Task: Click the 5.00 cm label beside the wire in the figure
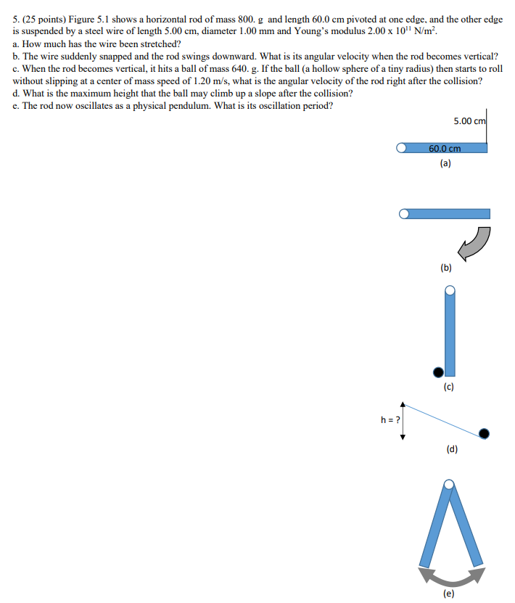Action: click(469, 120)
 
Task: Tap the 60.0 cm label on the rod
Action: click(445, 148)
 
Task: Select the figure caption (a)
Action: click(445, 163)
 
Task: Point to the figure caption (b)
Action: click(445, 268)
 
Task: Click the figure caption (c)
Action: click(448, 387)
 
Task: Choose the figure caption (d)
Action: click(452, 448)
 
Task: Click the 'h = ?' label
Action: click(391, 419)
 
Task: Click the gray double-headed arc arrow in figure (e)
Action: click(451, 575)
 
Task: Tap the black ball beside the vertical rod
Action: click(438, 372)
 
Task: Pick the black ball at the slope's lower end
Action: click(484, 433)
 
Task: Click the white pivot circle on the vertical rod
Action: click(450, 290)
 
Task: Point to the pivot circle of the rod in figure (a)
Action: click(401, 148)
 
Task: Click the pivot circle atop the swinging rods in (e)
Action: click(450, 485)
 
